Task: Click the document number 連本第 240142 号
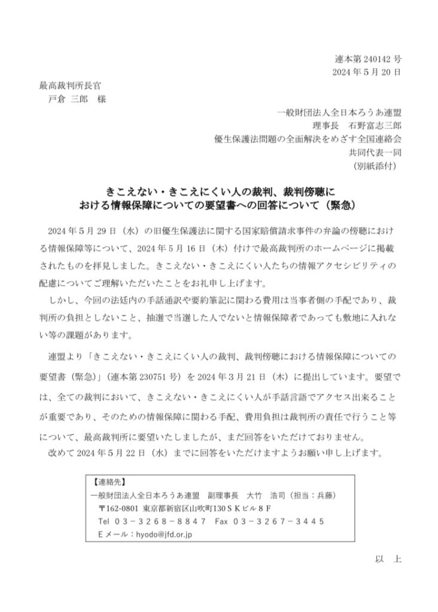(367, 60)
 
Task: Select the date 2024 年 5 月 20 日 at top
(367, 73)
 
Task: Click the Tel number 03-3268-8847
(158, 522)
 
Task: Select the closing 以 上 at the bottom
(388, 559)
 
